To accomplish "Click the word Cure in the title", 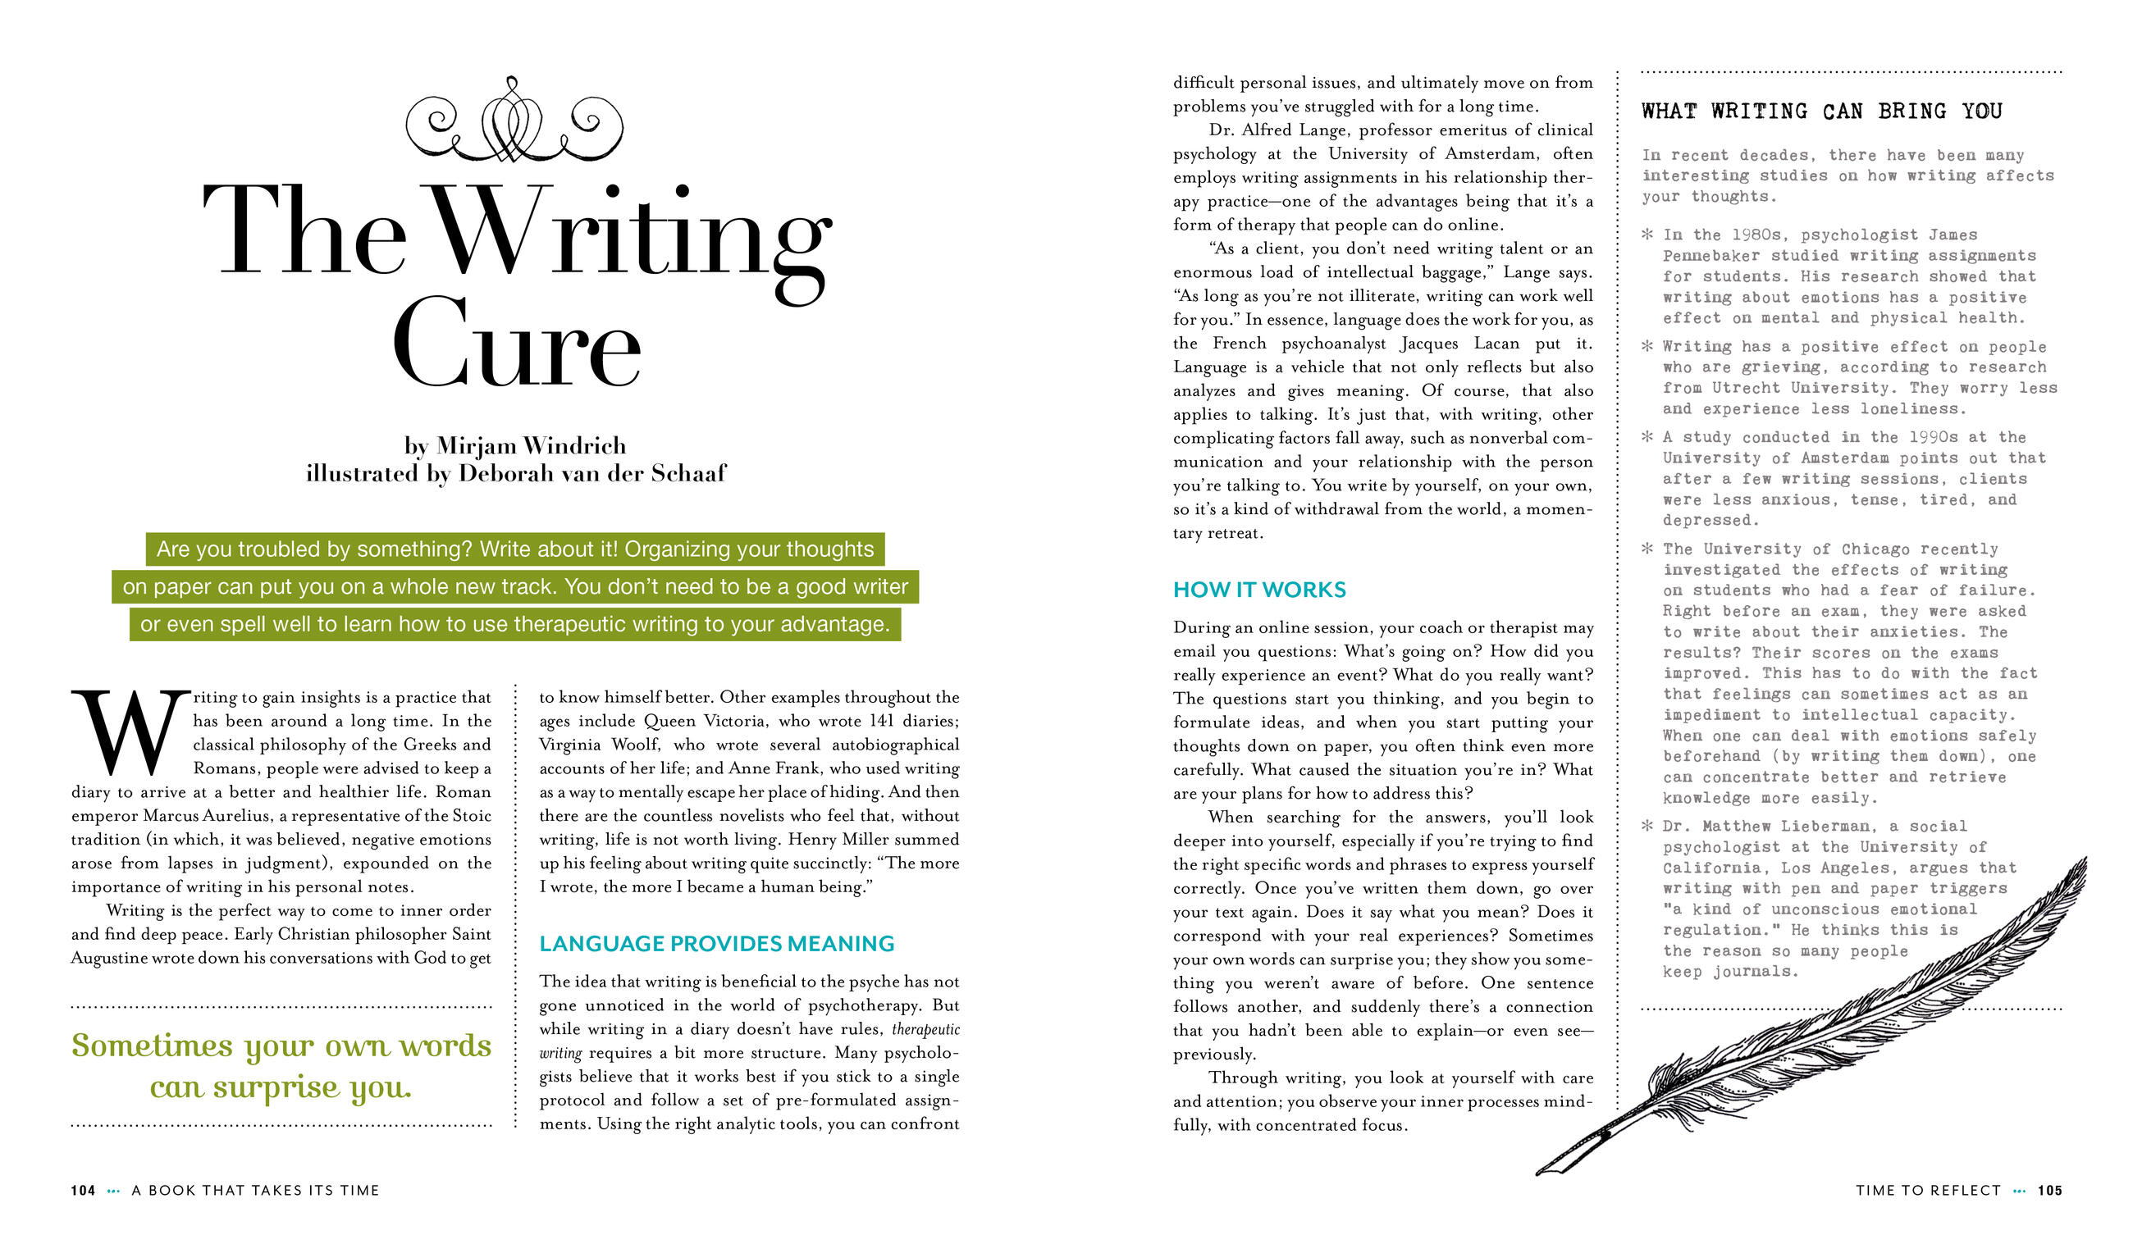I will tap(516, 343).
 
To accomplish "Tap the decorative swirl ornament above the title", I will tap(514, 121).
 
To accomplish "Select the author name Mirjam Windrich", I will tap(532, 445).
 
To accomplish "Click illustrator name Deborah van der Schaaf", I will tap(591, 473).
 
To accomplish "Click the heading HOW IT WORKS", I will tap(1258, 590).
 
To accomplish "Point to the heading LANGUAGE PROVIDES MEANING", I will tap(717, 944).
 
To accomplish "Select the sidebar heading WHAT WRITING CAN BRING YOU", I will tap(1821, 112).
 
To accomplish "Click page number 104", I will tap(83, 1191).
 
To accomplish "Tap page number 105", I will tap(2050, 1191).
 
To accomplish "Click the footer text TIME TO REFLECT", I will tap(1928, 1191).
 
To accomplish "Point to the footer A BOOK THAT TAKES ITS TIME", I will tap(256, 1191).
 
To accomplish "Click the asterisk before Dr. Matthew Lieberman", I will tap(1647, 825).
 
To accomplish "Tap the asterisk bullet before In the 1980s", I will tap(1647, 234).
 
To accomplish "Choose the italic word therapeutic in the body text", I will tap(925, 1030).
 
